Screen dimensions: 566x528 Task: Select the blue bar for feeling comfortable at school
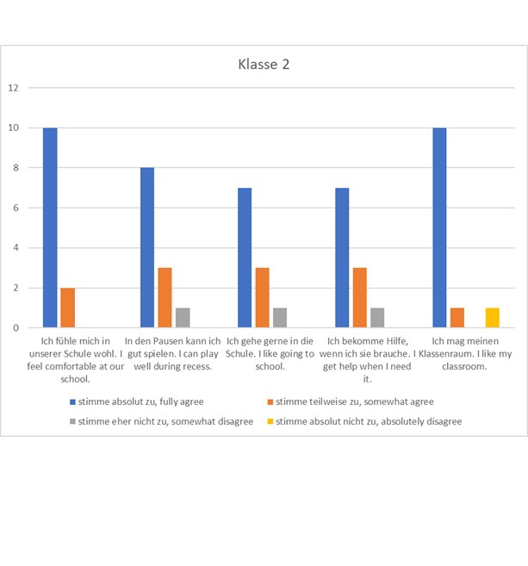(x=50, y=227)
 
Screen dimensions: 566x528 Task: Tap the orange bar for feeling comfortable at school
(x=67, y=308)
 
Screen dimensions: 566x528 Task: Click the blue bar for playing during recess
(x=147, y=247)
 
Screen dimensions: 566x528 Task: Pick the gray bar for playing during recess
(x=183, y=318)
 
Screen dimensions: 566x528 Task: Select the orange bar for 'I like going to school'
(x=263, y=297)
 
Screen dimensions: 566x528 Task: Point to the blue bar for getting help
(x=342, y=258)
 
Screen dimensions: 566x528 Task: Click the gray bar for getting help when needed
(x=377, y=318)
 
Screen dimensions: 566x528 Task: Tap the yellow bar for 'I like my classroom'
(x=492, y=318)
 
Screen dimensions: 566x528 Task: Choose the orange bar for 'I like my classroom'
(x=457, y=318)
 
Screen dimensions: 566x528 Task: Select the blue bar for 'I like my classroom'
(x=439, y=227)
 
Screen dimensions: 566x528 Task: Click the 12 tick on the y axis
(x=13, y=88)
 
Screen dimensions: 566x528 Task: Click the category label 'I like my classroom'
(x=465, y=353)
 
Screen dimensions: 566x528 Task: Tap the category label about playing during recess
(x=172, y=353)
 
